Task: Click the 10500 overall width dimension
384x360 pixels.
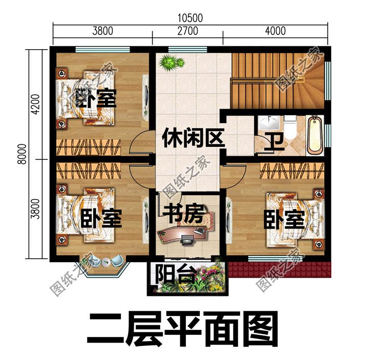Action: point(191,17)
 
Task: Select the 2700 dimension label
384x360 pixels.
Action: point(187,31)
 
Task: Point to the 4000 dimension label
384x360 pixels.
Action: point(275,31)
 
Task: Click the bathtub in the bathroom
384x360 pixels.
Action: point(314,135)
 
